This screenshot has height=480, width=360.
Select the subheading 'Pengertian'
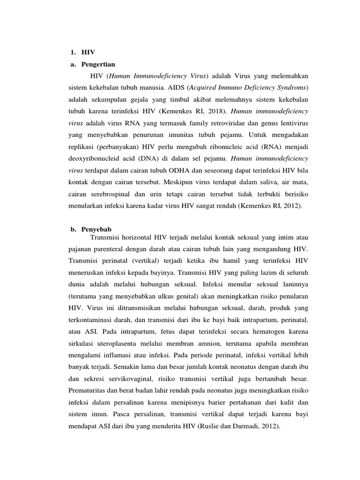[97, 63]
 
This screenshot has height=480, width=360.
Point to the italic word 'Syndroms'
[289, 88]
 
